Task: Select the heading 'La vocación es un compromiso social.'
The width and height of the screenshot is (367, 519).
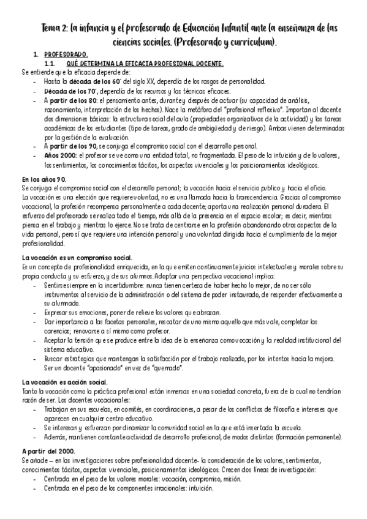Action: coord(72,258)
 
